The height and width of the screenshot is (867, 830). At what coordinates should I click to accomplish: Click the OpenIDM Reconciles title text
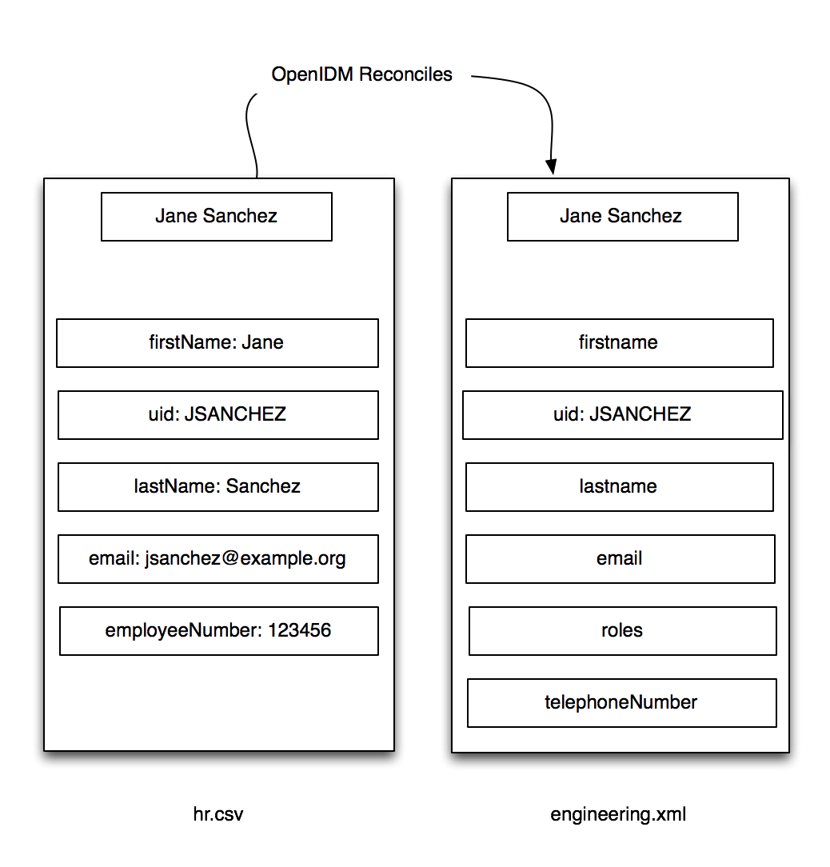[x=361, y=74]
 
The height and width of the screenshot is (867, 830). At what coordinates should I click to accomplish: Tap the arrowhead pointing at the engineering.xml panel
[x=551, y=166]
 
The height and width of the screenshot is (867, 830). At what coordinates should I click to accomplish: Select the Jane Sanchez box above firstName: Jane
[x=217, y=217]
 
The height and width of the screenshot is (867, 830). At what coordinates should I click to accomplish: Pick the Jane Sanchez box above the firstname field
[x=623, y=217]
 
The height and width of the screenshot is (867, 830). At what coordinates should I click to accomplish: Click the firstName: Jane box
[x=217, y=343]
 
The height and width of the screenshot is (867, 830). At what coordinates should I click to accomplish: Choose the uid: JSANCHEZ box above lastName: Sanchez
[x=217, y=414]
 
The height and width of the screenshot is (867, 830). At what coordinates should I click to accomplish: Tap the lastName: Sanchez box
[x=217, y=486]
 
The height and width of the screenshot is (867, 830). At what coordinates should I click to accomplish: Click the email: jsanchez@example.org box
[x=217, y=559]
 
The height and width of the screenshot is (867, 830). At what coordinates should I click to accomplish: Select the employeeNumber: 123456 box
[x=219, y=631]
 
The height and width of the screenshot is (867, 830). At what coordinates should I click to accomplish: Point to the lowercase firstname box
[x=620, y=343]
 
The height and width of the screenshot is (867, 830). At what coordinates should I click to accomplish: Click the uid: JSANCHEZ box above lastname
[x=623, y=414]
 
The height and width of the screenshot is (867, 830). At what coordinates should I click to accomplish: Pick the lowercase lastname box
[x=620, y=486]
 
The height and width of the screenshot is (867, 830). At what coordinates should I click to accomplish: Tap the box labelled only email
[x=621, y=559]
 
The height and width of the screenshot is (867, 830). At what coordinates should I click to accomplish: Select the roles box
[x=623, y=631]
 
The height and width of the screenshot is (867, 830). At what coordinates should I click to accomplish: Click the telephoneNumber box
[x=622, y=703]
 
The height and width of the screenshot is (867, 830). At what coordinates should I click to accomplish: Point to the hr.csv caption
[x=217, y=814]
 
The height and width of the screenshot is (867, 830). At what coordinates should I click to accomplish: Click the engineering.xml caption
[x=618, y=815]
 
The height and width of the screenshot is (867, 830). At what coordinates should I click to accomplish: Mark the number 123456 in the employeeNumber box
[x=299, y=630]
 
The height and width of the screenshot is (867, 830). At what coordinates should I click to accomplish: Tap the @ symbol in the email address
[x=230, y=558]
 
